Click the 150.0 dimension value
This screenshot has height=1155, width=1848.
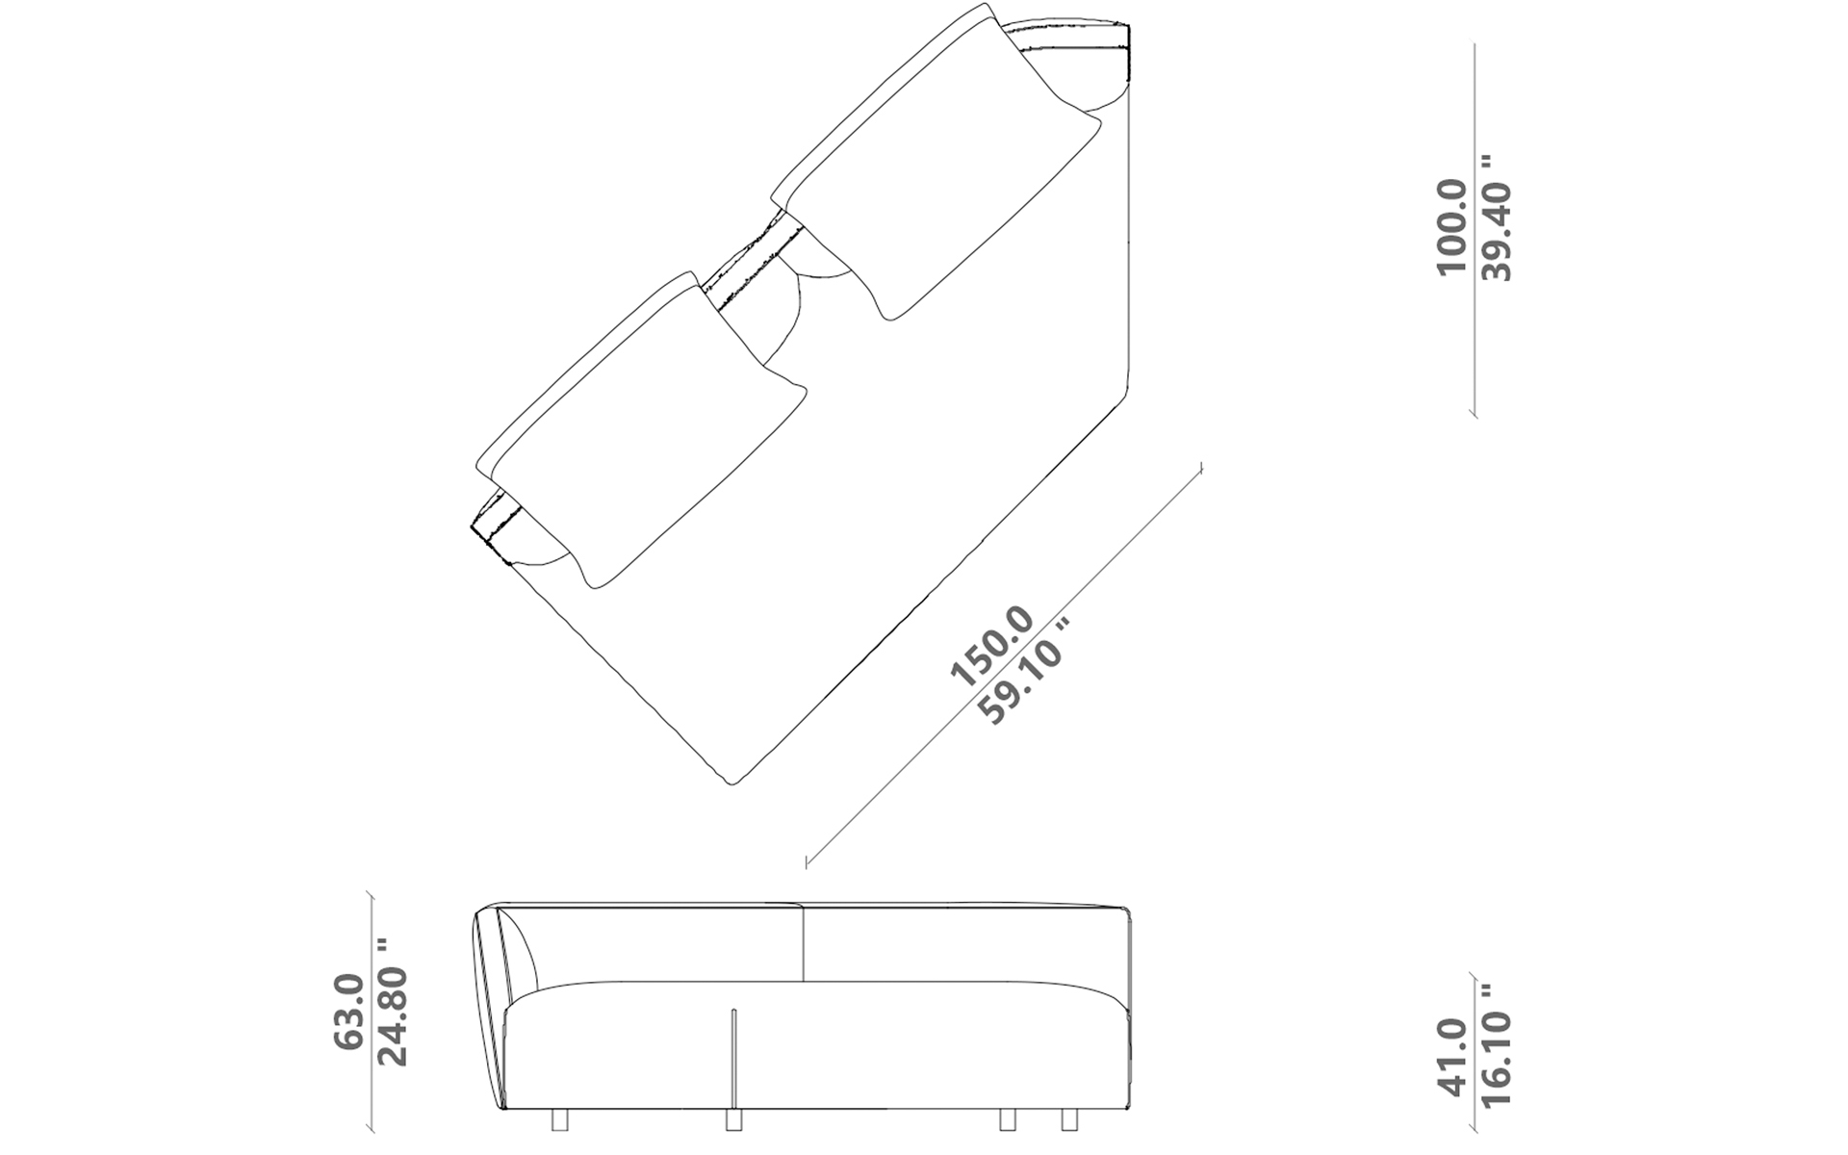[991, 648]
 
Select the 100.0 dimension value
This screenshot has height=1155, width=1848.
[1450, 229]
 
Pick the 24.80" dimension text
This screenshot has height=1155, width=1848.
[393, 1002]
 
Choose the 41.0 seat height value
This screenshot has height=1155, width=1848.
[1450, 1056]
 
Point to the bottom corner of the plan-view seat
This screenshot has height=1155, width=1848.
[733, 783]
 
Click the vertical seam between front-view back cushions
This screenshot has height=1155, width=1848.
[803, 943]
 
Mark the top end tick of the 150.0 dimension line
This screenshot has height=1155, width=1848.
[1202, 468]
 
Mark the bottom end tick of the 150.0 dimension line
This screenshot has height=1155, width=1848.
[807, 860]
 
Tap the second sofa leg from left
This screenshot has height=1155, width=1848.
[733, 1119]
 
